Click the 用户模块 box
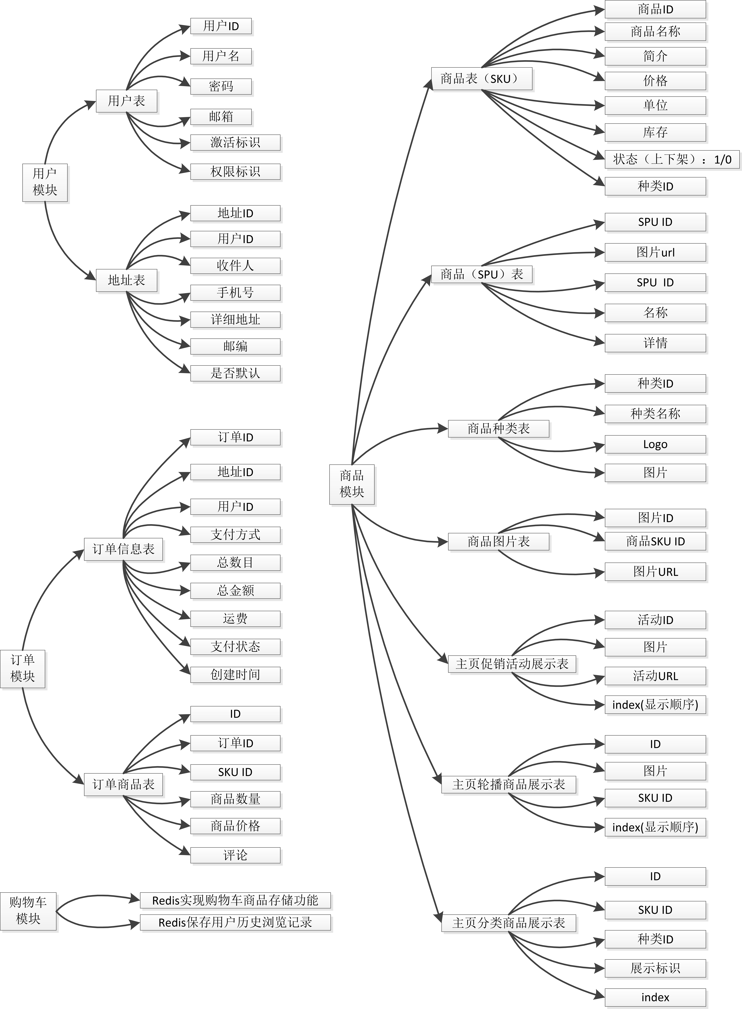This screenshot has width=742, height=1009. tap(45, 182)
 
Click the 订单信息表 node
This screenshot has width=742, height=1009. tap(123, 549)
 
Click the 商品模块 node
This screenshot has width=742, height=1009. tap(352, 484)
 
